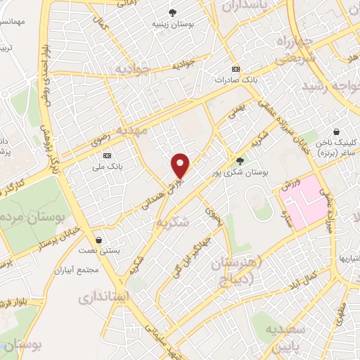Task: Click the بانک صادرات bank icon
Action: pyautogui.click(x=235, y=69)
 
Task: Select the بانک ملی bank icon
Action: pyautogui.click(x=107, y=155)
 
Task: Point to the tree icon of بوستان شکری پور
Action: pyautogui.click(x=240, y=160)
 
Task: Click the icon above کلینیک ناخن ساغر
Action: pyautogui.click(x=338, y=131)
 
